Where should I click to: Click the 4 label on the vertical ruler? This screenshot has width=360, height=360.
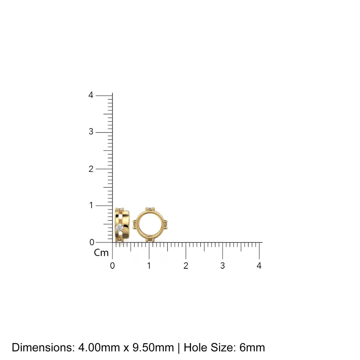coord(91,95)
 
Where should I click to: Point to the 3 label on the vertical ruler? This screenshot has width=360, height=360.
coord(91,132)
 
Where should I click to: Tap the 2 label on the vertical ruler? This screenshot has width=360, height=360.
coord(91,169)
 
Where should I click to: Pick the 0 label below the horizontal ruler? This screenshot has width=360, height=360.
coord(112,266)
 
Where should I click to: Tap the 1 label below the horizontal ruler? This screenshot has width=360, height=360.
coord(149,266)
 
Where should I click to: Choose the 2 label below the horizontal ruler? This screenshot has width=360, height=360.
coord(186,266)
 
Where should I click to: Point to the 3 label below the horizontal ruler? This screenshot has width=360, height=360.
coord(223,266)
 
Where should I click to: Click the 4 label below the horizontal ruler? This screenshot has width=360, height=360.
coord(259,266)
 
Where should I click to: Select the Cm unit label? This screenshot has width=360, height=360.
coord(101,253)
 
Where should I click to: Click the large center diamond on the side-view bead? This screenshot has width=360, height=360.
coord(119,227)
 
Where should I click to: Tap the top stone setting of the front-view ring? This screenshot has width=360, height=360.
coord(150,209)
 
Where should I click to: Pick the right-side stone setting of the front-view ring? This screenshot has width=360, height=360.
coord(166,224)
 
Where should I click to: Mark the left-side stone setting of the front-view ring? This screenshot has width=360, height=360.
coord(135,224)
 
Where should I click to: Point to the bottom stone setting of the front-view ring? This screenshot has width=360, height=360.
coord(150,240)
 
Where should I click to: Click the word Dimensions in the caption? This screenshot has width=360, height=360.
coord(43,348)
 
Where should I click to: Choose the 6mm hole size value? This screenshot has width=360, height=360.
coord(252,348)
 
